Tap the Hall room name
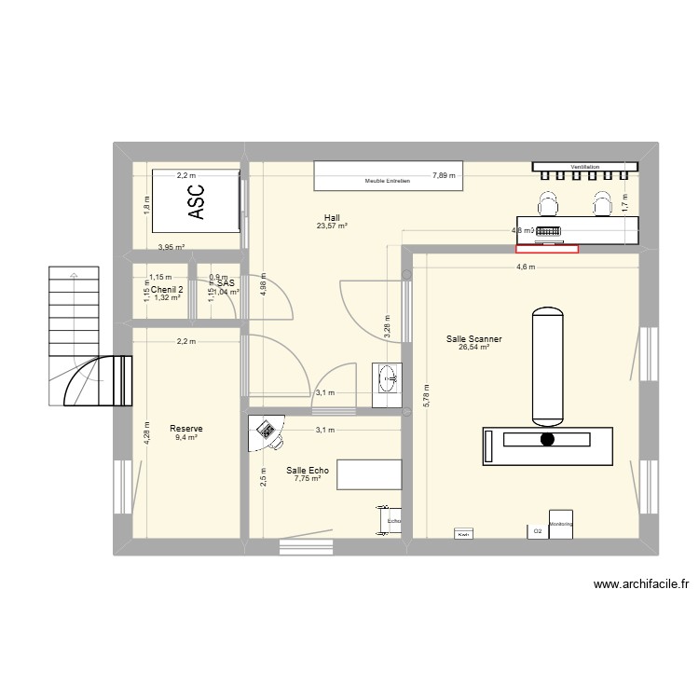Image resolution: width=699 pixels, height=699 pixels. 332,217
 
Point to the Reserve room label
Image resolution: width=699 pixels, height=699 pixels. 186,429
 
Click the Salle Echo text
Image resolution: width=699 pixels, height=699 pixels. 308,471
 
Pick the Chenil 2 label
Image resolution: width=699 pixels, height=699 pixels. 168,289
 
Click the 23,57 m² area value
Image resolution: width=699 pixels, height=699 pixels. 332,226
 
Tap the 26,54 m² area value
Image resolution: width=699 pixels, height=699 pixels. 473,349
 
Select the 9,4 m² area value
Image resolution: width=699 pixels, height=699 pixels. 186,437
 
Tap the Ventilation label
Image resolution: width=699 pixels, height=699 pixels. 585,167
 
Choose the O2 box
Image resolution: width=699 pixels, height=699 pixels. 537,531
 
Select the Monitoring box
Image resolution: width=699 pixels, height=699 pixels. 561,524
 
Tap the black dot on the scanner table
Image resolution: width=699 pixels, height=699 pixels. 547,439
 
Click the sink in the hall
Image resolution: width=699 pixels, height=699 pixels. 388,377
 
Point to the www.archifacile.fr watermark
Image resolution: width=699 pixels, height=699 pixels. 640,585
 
